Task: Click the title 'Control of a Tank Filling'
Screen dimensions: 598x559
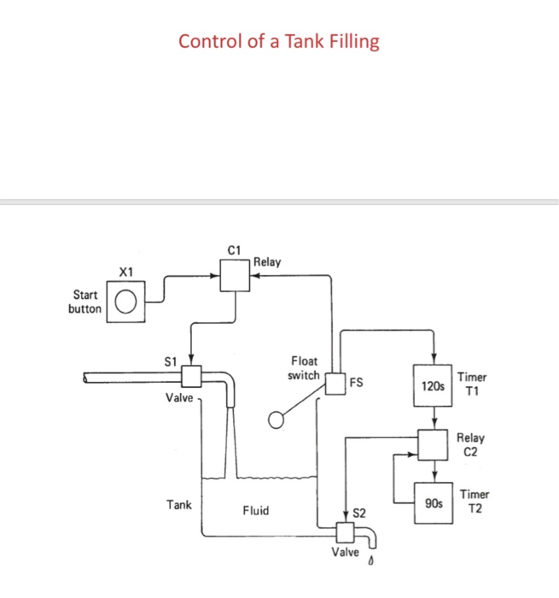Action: [x=278, y=41]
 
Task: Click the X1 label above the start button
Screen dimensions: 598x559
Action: [x=125, y=273]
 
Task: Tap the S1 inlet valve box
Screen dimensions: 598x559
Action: [x=191, y=376]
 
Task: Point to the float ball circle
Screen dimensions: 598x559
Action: [x=277, y=419]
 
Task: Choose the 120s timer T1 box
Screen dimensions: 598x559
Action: [x=434, y=385]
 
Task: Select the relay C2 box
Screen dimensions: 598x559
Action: [x=434, y=444]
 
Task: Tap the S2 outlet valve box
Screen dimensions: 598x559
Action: [x=346, y=532]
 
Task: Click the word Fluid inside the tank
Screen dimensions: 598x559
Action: [x=255, y=511]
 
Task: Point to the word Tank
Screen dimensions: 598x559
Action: [x=179, y=505]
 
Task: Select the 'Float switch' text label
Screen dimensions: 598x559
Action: [x=305, y=368]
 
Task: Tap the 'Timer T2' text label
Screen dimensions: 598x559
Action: [x=474, y=501]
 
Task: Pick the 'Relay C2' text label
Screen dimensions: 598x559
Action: [x=470, y=443]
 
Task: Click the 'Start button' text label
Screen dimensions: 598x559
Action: [x=84, y=302]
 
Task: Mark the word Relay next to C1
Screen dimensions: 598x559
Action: [x=266, y=262]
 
